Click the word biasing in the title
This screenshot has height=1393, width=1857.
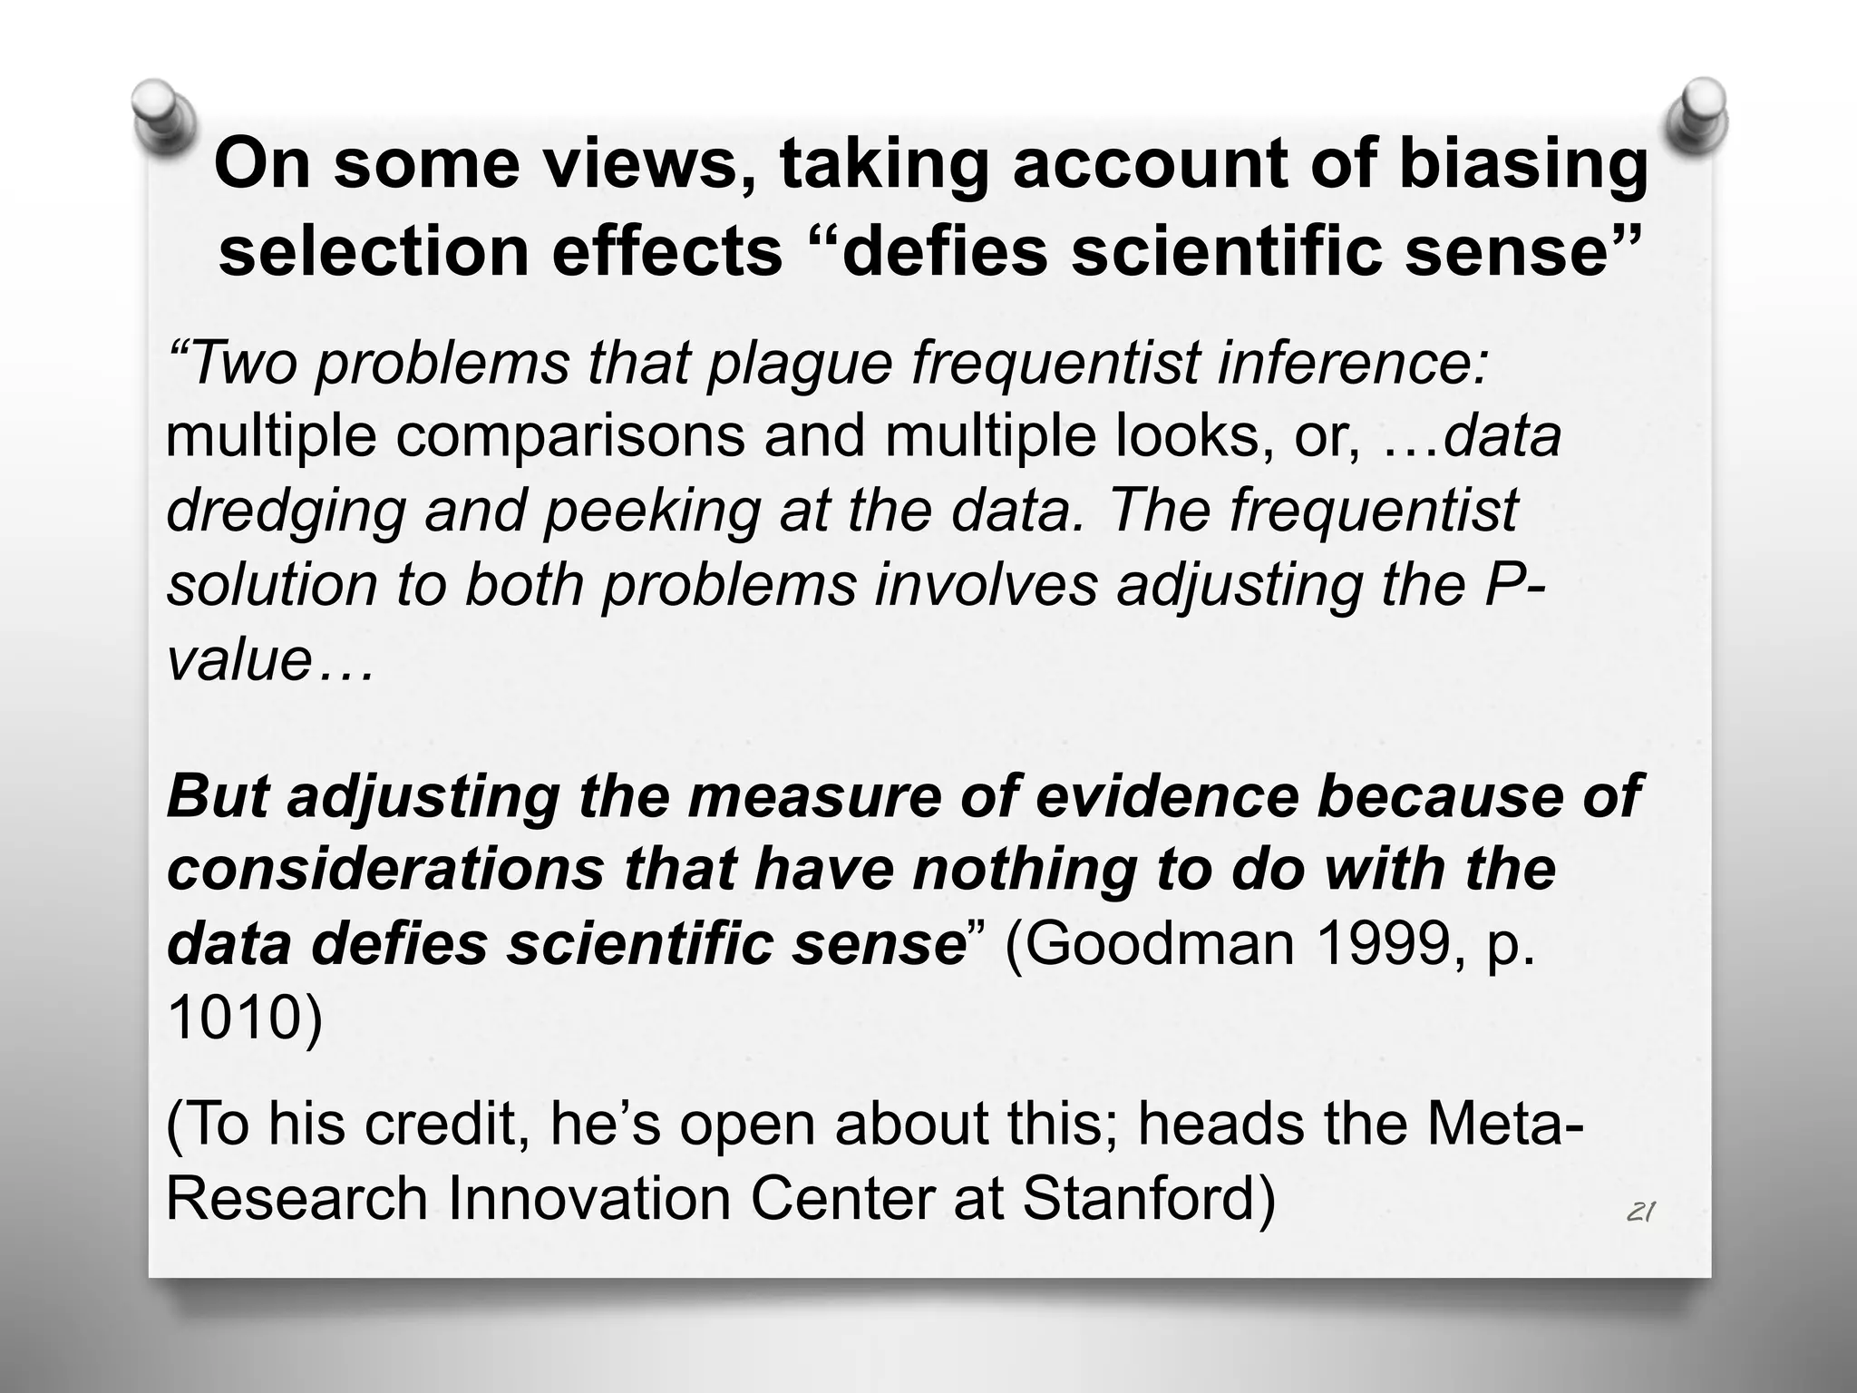tap(1522, 166)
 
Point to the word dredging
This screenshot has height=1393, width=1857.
tap(286, 511)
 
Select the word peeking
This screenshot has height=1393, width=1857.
tap(651, 511)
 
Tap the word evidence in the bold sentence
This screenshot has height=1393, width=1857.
tap(1170, 795)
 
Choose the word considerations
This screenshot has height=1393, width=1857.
tap(385, 869)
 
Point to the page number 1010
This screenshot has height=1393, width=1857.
tap(235, 1018)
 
